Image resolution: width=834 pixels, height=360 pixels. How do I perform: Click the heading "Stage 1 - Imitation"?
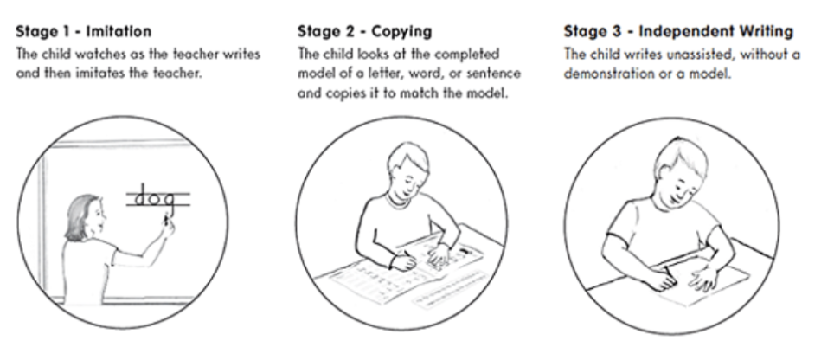[84, 31]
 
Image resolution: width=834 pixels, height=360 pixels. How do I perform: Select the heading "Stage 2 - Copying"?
[364, 31]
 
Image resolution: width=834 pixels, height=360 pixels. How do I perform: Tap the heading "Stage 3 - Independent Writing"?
[678, 31]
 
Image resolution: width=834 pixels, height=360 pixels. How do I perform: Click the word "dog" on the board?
[154, 198]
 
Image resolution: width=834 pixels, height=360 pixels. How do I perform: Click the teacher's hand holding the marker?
[167, 227]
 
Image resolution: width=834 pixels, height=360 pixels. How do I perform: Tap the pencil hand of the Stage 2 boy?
[403, 261]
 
